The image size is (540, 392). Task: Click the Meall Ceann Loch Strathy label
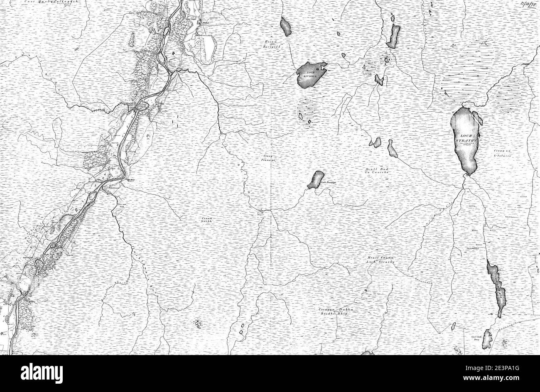pyautogui.click(x=380, y=260)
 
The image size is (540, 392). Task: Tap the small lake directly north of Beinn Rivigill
pyautogui.click(x=286, y=26)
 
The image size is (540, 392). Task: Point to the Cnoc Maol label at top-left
pyautogui.click(x=50, y=2)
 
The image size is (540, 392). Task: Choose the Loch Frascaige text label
pyautogui.click(x=328, y=182)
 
